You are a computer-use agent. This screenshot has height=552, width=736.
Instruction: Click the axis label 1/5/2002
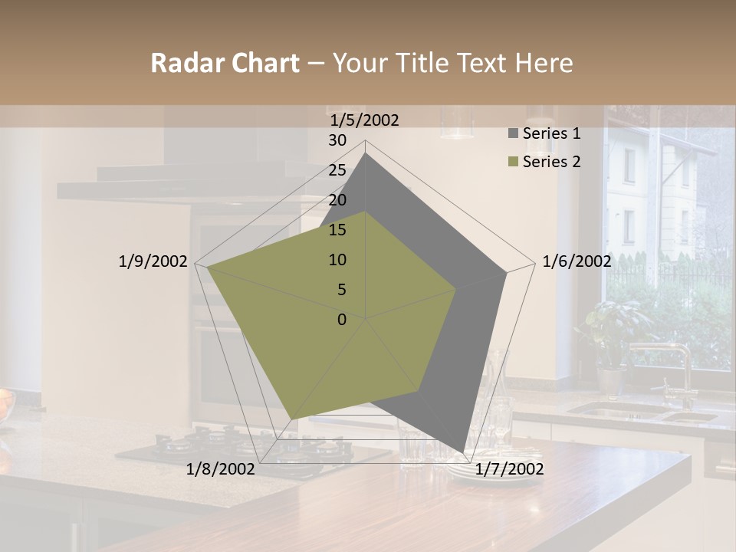click(365, 120)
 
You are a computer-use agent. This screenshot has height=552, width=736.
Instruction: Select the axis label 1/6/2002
click(577, 262)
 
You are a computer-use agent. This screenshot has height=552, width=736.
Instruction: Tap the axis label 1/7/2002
click(510, 469)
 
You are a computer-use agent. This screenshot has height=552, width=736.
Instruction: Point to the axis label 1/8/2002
click(221, 469)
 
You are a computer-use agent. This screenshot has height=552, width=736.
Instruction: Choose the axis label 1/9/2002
click(153, 262)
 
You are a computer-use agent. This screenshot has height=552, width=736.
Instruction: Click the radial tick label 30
click(337, 141)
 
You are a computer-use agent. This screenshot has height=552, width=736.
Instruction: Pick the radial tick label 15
click(337, 230)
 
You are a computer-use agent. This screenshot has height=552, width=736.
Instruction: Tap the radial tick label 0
click(342, 320)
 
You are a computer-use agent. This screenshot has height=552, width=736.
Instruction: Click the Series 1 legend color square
click(513, 134)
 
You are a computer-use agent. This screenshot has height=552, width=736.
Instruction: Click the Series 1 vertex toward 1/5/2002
click(366, 153)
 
